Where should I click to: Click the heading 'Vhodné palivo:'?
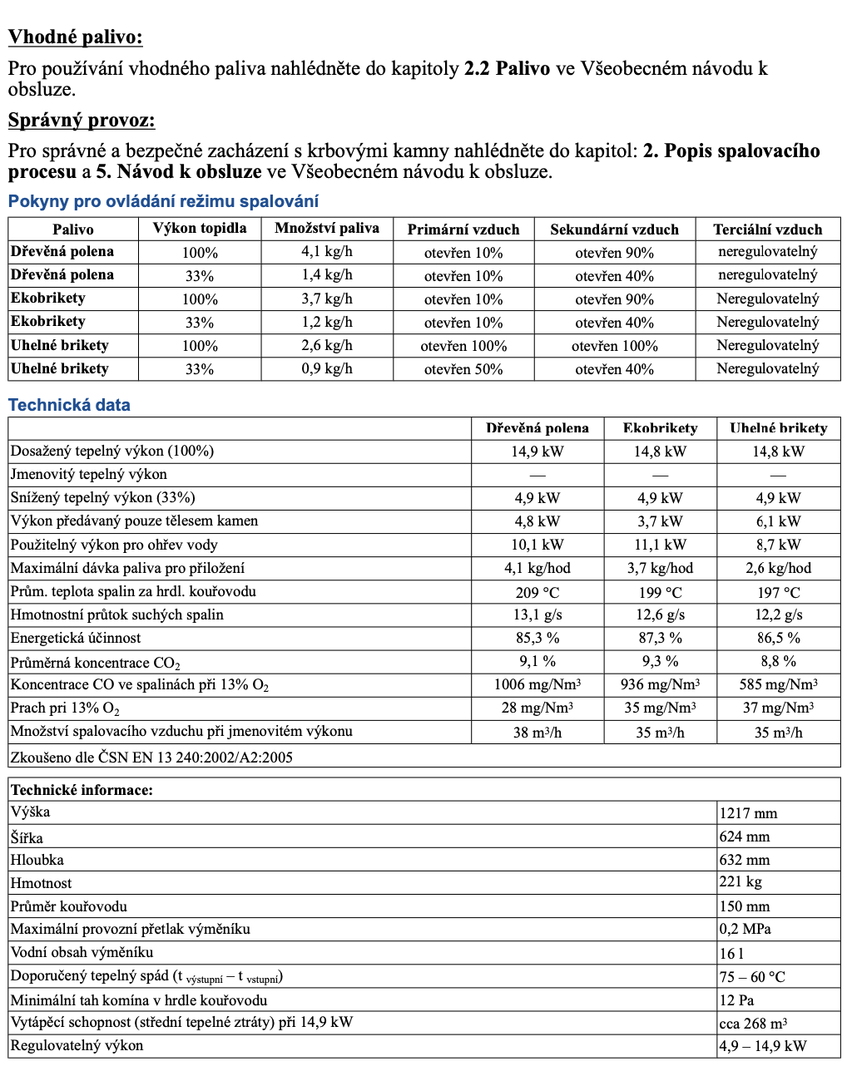[x=75, y=37]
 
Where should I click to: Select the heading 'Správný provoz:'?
[x=82, y=120]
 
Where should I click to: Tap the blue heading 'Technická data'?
[x=69, y=405]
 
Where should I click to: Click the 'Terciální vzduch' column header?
[x=767, y=229]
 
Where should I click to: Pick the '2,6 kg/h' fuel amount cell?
[x=326, y=345]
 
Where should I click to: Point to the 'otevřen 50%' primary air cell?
[x=463, y=369]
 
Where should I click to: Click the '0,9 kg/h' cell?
[x=326, y=368]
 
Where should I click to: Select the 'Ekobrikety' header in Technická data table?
[x=660, y=428]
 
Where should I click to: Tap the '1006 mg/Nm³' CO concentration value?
[x=537, y=684]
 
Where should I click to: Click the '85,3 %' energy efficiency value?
[x=537, y=638]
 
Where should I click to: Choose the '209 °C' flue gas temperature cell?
[x=537, y=592]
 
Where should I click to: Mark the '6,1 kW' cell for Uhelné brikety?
[x=778, y=521]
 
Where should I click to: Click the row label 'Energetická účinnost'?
[x=76, y=638]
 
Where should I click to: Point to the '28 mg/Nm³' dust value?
[x=537, y=708]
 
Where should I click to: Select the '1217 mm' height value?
[x=749, y=813]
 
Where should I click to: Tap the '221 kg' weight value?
[x=741, y=882]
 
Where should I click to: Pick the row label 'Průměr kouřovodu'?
[x=69, y=906]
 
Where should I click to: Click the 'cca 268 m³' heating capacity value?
[x=753, y=1023]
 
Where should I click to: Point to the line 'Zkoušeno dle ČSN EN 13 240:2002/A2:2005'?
[x=151, y=757]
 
